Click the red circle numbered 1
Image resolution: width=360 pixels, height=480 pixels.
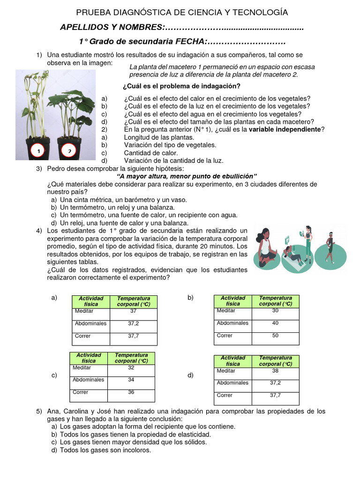click(38, 150)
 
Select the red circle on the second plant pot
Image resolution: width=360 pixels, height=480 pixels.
click(69, 150)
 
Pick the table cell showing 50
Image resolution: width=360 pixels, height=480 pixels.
click(275, 336)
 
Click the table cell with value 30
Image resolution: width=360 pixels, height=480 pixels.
click(275, 310)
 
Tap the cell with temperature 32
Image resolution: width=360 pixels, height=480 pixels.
click(131, 368)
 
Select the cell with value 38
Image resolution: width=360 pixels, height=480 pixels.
click(275, 370)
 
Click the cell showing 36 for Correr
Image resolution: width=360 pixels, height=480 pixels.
click(131, 392)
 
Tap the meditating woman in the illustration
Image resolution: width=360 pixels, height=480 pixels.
click(265, 245)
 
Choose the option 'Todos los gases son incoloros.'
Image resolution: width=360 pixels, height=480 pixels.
click(105, 450)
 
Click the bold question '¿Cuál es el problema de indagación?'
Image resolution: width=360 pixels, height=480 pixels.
click(181, 86)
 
